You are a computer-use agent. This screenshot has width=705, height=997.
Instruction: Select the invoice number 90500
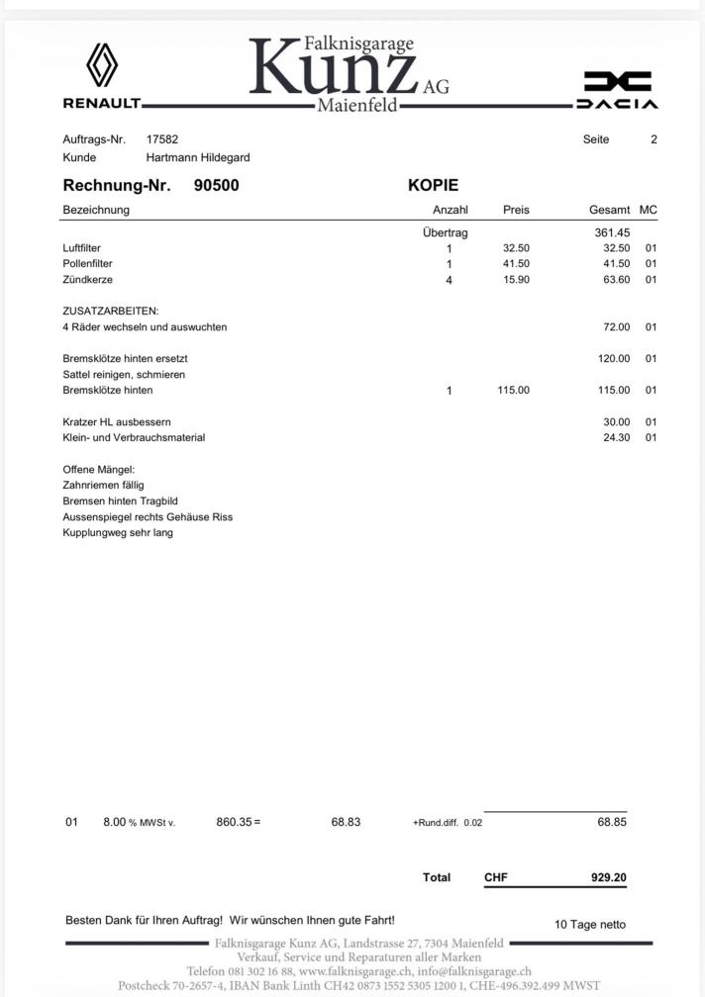tap(216, 185)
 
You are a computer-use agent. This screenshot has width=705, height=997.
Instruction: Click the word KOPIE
tap(433, 185)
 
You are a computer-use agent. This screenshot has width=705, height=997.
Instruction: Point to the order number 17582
tap(162, 139)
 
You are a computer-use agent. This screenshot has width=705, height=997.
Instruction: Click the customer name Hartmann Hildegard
tap(198, 157)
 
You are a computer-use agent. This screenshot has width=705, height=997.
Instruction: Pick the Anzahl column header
tap(451, 210)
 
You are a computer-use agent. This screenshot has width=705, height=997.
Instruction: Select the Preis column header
tap(516, 210)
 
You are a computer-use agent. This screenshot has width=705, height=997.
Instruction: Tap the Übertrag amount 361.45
tap(612, 232)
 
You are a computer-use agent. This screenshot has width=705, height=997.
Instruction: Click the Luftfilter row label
tap(81, 248)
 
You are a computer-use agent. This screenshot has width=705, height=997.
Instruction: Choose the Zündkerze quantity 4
tap(449, 281)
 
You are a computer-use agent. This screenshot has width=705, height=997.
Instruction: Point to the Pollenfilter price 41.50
tap(516, 264)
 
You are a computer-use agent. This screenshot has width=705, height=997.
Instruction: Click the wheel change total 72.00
tap(616, 327)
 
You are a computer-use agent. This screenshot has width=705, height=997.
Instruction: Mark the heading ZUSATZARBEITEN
tap(110, 312)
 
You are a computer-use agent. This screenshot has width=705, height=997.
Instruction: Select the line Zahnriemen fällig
tap(103, 486)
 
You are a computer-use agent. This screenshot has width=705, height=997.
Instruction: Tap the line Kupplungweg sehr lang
tap(118, 533)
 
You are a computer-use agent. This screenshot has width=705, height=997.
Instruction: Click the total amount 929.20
tap(608, 877)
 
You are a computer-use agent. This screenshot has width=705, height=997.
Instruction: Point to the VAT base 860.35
tap(234, 822)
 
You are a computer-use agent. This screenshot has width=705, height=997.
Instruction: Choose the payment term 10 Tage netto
tap(590, 925)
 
